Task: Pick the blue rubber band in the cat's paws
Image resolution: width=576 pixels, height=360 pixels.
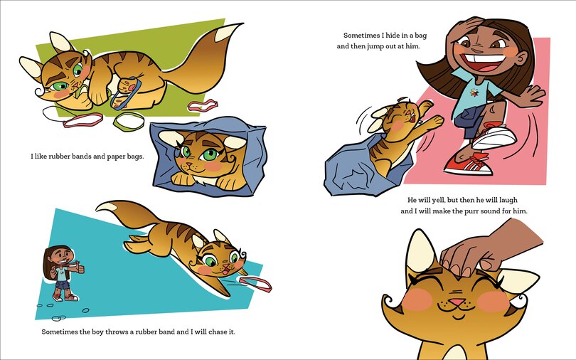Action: pos(132,90)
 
